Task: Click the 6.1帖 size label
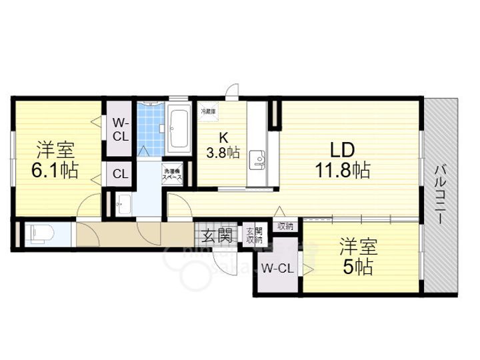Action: click(x=55, y=171)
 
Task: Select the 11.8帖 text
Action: click(x=343, y=171)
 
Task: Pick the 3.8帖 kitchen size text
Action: click(x=223, y=153)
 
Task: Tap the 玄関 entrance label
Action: click(x=217, y=235)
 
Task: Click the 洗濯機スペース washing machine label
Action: click(x=173, y=174)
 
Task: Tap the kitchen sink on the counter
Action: click(x=257, y=160)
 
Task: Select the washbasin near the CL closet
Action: click(x=123, y=205)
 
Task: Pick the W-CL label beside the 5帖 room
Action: click(x=277, y=269)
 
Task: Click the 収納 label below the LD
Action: click(x=285, y=227)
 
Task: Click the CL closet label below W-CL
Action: click(x=120, y=175)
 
